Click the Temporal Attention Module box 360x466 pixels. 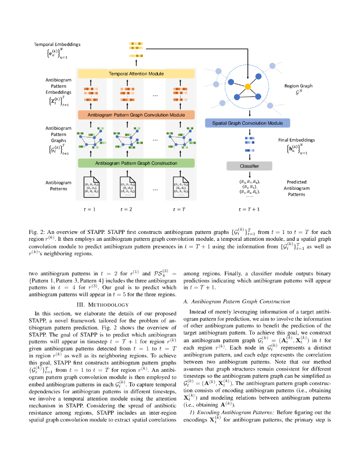136,74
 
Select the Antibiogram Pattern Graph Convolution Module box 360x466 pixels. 136,115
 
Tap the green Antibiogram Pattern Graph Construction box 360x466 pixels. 136,163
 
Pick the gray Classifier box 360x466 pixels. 249,166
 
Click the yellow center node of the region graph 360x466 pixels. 248,86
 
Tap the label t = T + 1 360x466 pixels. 249,209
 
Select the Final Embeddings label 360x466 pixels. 296,140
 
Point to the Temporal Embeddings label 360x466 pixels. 57,45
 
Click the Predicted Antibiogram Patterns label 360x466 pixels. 296,188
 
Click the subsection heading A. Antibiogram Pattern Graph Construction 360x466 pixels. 236,301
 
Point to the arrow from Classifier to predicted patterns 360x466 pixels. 250,175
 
